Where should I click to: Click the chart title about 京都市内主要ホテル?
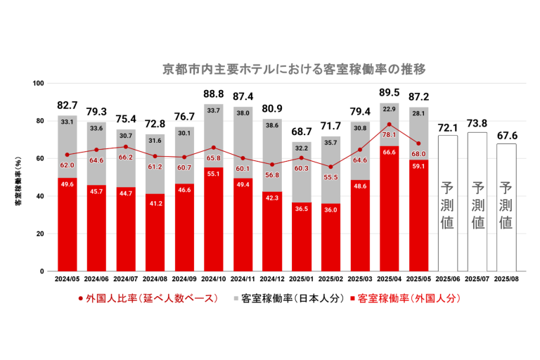[294, 70]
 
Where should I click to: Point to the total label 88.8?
[214, 94]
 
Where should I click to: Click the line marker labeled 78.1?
[389, 124]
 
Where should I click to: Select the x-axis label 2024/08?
[155, 279]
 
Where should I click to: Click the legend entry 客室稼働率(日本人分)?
[285, 298]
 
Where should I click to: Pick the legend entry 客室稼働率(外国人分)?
[403, 298]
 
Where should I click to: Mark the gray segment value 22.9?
[390, 109]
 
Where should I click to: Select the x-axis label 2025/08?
[506, 279]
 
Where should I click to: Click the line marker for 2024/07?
[126, 147]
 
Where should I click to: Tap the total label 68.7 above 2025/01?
[301, 131]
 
